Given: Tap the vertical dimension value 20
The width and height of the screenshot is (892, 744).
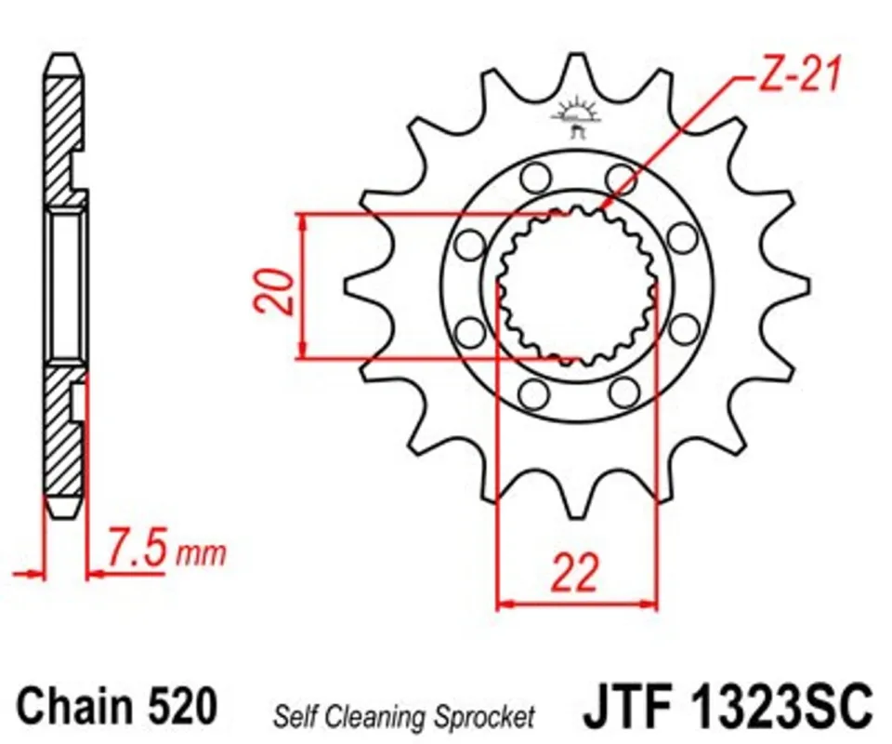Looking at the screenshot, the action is pyautogui.click(x=275, y=291).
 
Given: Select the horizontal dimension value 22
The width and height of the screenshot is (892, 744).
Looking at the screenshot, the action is pyautogui.click(x=575, y=572).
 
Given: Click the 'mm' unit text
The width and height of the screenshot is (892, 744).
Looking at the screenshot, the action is pyautogui.click(x=201, y=554).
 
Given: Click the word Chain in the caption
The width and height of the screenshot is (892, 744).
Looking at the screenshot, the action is pyautogui.click(x=74, y=706).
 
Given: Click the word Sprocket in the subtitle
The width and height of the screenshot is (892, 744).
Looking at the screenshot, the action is pyautogui.click(x=484, y=717).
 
